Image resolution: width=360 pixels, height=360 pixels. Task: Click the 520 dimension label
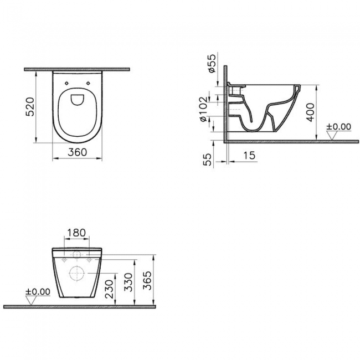coord(30,107)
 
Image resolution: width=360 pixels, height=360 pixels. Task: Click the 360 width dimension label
coord(78,152)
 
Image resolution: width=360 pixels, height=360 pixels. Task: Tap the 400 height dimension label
coord(310,112)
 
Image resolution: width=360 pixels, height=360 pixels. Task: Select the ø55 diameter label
coord(212,63)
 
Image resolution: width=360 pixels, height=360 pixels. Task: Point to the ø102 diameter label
coord(204,109)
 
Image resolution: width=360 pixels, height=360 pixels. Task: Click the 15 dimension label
coord(249,156)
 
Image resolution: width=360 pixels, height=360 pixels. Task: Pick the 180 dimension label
coord(76,233)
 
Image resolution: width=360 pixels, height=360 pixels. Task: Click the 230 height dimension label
coord(109,289)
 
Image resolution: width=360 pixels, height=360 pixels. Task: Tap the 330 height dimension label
coord(128,282)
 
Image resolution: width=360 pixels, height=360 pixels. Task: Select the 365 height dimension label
coord(147,281)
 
